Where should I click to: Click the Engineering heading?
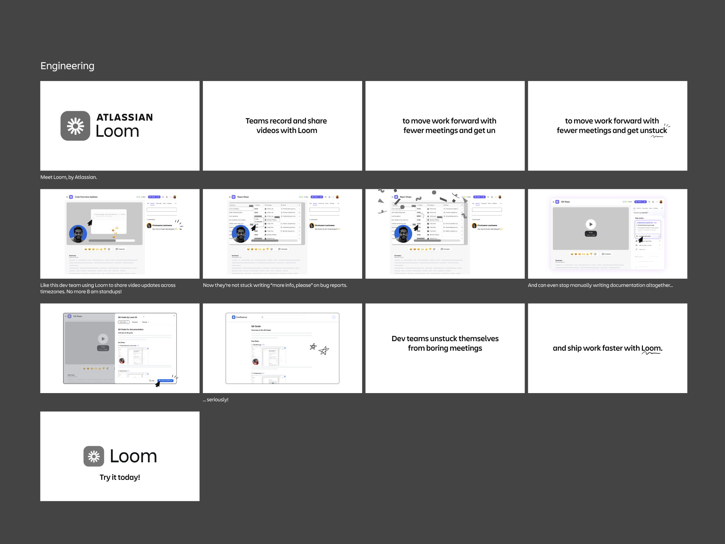(x=67, y=66)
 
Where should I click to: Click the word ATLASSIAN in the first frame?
(x=125, y=118)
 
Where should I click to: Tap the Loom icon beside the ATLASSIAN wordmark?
(x=75, y=126)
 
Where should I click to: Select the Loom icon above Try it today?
(x=94, y=456)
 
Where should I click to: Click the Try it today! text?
(x=120, y=477)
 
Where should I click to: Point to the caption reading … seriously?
(x=215, y=400)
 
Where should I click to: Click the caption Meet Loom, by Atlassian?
(x=68, y=177)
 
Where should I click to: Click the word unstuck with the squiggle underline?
(x=653, y=131)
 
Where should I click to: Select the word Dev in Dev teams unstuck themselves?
(x=398, y=339)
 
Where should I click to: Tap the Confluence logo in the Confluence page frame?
(x=234, y=317)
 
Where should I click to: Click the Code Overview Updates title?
(x=86, y=197)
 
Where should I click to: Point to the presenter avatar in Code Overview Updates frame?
(x=78, y=234)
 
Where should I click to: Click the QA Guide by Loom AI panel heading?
(x=127, y=317)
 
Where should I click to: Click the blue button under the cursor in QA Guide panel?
(x=165, y=380)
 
